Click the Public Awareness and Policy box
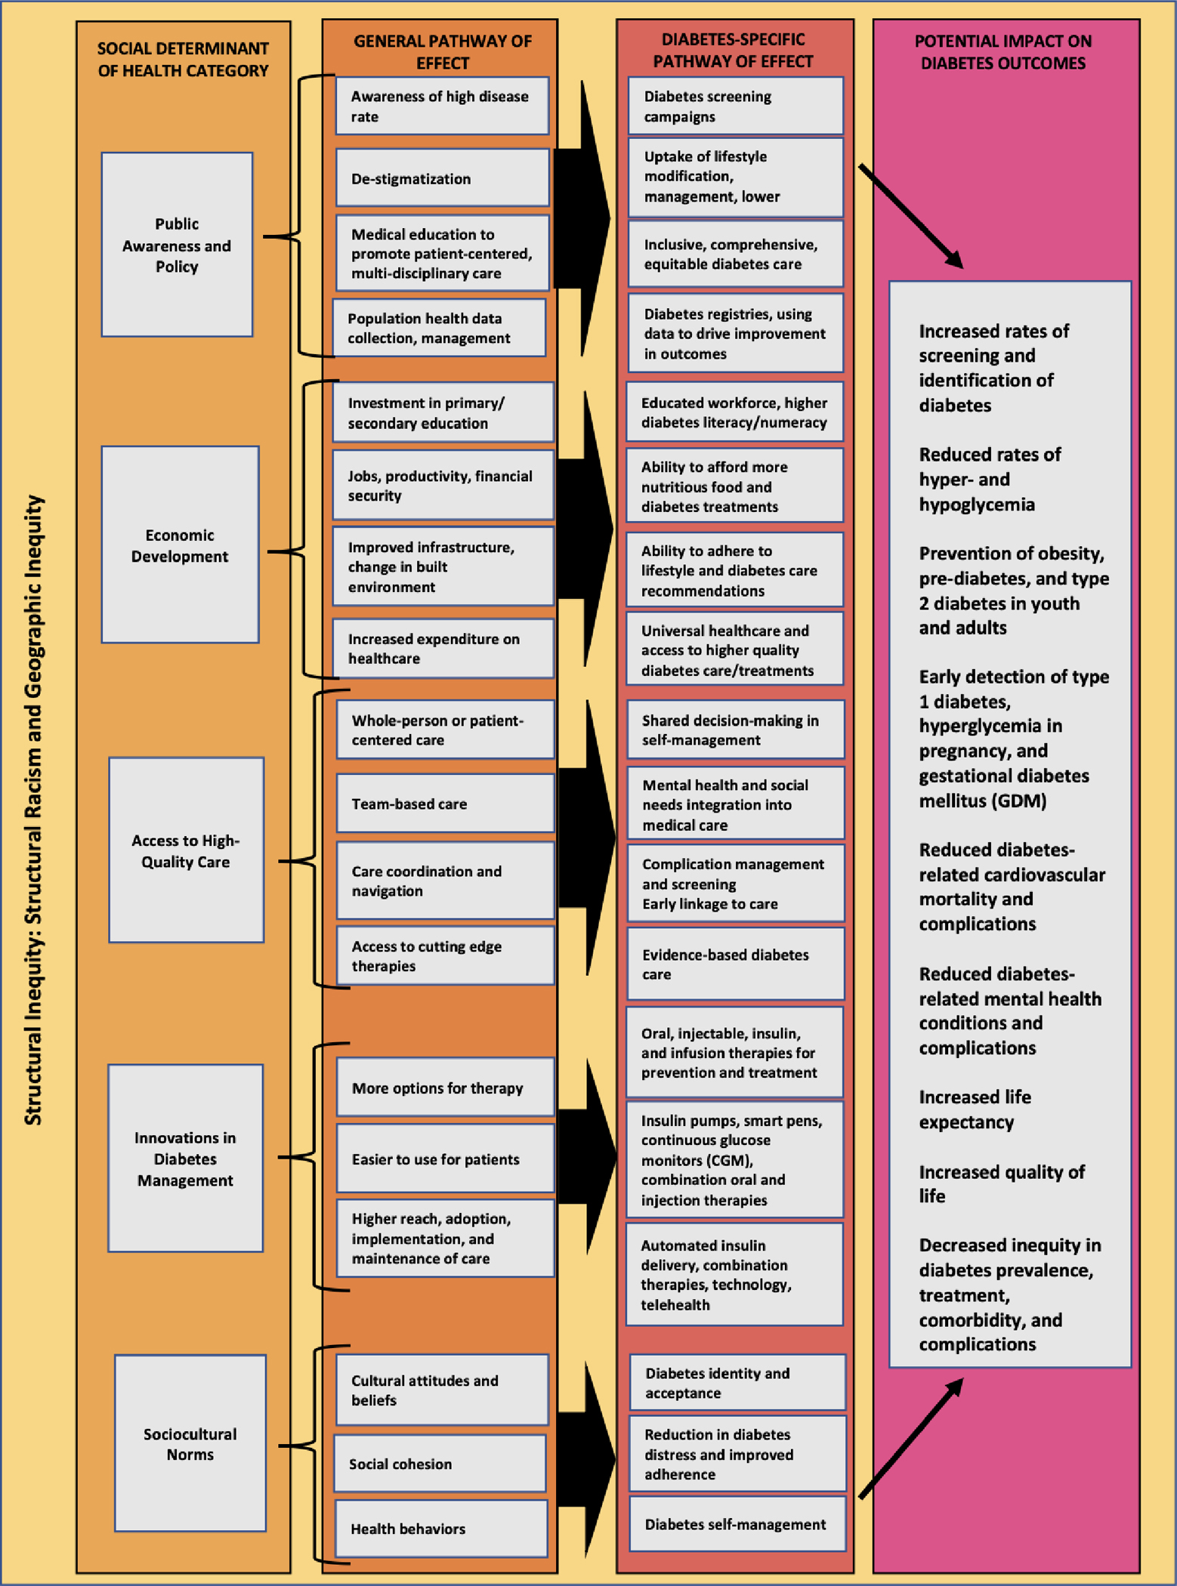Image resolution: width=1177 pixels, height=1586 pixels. coord(177,245)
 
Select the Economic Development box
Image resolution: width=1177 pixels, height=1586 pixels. coord(180,545)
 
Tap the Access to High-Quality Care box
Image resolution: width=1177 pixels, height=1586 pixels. coord(186,850)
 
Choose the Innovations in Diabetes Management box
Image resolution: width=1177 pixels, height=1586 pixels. coord(185,1159)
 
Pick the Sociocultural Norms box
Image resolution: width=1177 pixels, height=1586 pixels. coord(190,1443)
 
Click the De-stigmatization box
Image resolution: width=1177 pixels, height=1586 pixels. coord(442,178)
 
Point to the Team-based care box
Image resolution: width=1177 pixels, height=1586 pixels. coord(445,804)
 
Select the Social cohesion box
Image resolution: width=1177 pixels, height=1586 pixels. coord(440,1464)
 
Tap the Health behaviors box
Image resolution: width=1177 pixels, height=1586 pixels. coord(441,1529)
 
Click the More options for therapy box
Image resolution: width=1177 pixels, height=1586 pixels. coord(445,1088)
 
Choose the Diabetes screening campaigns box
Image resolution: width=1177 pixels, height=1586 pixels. coord(735,106)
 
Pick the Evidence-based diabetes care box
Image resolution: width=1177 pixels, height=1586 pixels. coord(735,964)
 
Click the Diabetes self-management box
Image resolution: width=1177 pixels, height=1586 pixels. coord(737,1524)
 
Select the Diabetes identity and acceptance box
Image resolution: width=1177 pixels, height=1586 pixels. coord(737,1382)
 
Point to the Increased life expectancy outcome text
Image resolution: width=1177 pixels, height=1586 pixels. coord(975,1109)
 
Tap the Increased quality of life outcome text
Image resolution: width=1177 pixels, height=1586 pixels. coord(1001,1183)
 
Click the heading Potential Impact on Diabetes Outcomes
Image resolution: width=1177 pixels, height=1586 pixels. coord(1002,52)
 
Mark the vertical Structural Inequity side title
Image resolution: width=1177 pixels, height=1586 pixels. coord(33,810)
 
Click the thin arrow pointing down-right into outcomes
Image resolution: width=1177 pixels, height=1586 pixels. coord(911,216)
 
